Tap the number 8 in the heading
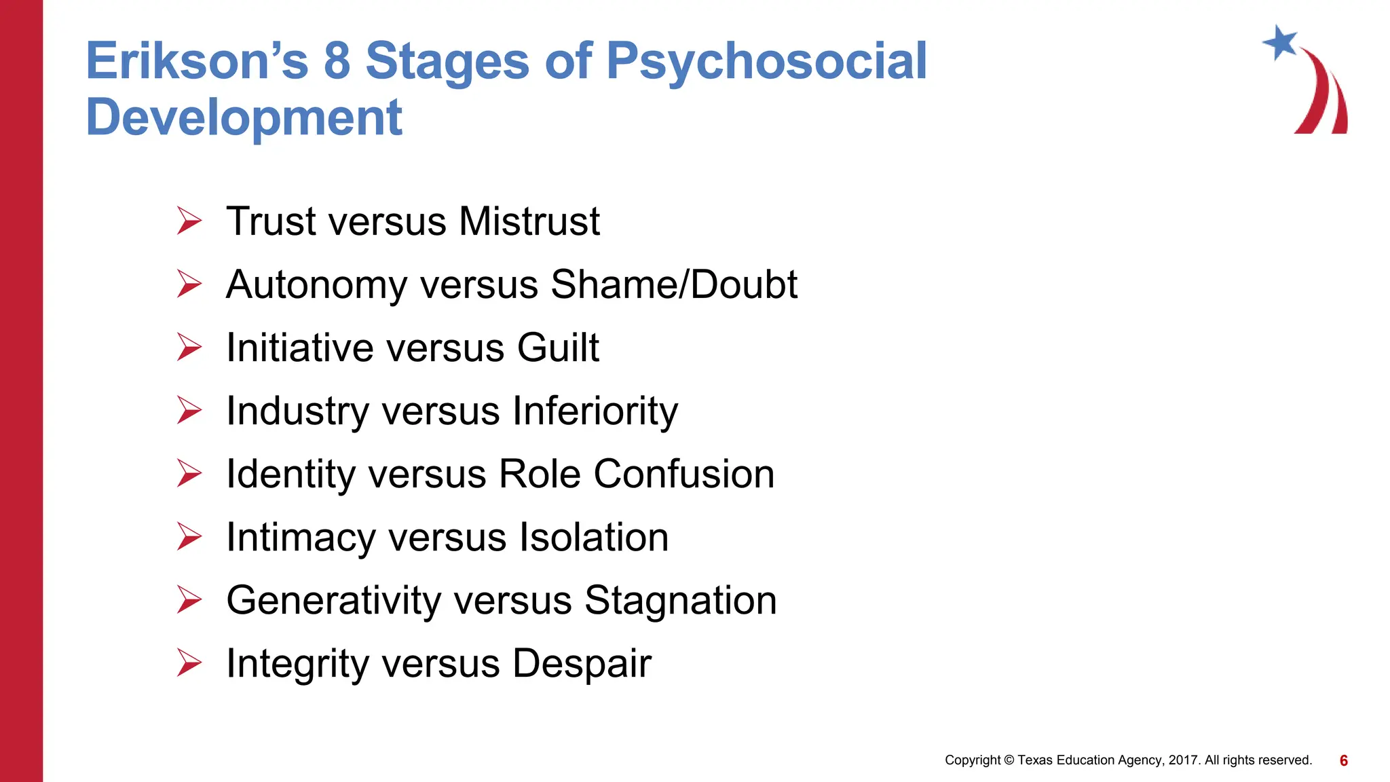(x=337, y=61)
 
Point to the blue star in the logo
(x=1280, y=42)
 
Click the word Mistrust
(x=529, y=221)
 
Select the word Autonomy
(x=316, y=285)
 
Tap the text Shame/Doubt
(x=674, y=284)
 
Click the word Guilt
(x=558, y=348)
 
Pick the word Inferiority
(x=595, y=411)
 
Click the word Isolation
(x=594, y=537)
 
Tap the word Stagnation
(x=680, y=601)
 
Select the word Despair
(x=582, y=664)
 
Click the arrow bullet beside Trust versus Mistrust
(x=189, y=221)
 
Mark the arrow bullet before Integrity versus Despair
(x=189, y=663)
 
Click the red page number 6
(x=1344, y=760)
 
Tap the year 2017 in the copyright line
(x=1184, y=760)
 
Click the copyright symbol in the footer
(x=1009, y=760)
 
